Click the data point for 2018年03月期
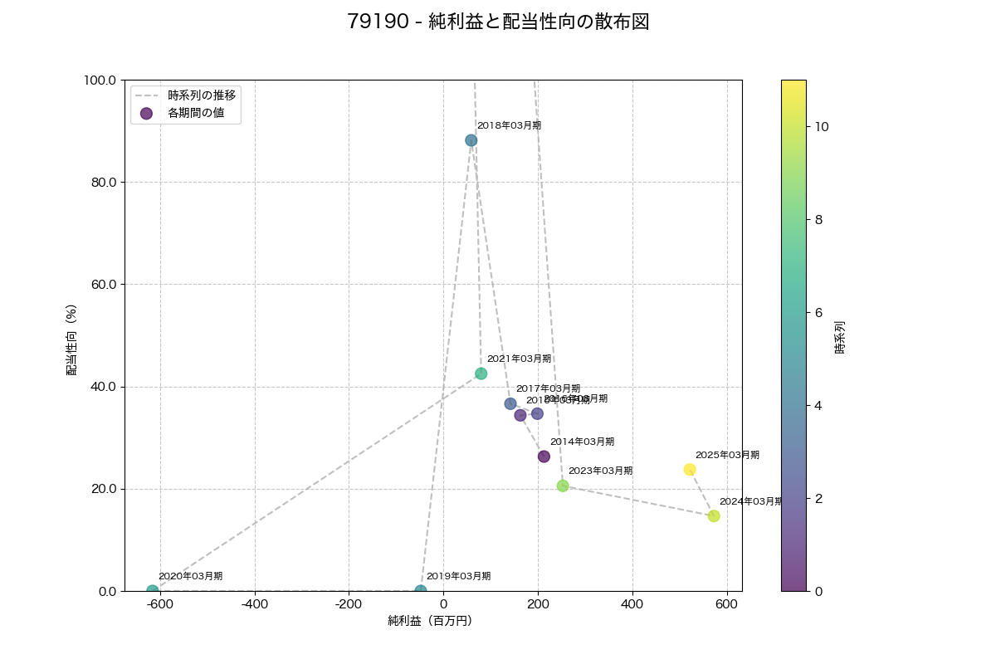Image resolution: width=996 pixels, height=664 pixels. pyautogui.click(x=471, y=140)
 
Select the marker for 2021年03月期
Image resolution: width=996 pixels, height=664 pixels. pyautogui.click(x=481, y=373)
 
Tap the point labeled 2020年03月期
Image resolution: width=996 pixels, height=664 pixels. pyautogui.click(x=153, y=591)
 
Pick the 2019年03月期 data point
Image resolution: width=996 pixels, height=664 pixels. pyautogui.click(x=421, y=591)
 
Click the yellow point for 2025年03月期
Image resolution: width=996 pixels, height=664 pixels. pyautogui.click(x=690, y=470)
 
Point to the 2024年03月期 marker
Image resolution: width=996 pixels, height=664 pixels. pyautogui.click(x=714, y=516)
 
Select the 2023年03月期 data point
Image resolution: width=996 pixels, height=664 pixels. pyautogui.click(x=563, y=486)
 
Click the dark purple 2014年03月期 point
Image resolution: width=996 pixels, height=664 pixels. pyautogui.click(x=544, y=456)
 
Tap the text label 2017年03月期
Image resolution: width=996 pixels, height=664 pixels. pyautogui.click(x=548, y=388)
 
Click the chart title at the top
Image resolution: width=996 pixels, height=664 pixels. pyautogui.click(x=498, y=22)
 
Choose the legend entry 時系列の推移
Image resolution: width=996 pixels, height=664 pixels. pyautogui.click(x=202, y=95)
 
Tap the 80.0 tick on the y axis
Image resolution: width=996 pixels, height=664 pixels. pyautogui.click(x=105, y=183)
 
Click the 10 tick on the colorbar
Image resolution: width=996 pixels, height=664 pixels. pyautogui.click(x=822, y=127)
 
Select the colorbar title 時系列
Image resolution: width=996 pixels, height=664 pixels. pyautogui.click(x=839, y=335)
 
